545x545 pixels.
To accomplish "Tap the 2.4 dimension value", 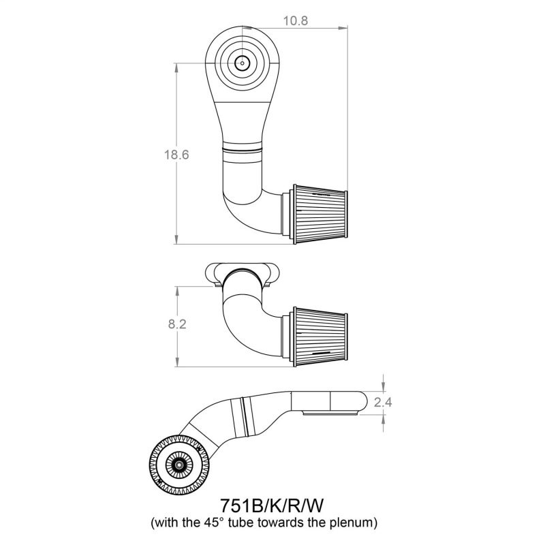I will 384,402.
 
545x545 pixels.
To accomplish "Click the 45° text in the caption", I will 219,523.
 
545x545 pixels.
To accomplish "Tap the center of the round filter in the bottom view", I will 180,465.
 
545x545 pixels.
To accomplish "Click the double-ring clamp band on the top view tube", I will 242,148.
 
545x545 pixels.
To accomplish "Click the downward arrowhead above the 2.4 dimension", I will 384,387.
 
